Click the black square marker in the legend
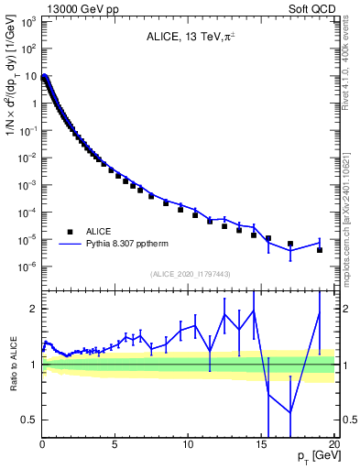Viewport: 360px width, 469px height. tap(70, 232)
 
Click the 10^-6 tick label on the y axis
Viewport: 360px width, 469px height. tap(28, 267)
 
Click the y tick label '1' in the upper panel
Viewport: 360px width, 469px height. tap(32, 103)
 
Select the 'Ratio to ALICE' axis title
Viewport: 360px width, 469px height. tap(13, 364)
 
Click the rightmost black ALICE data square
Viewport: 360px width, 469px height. tap(320, 249)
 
